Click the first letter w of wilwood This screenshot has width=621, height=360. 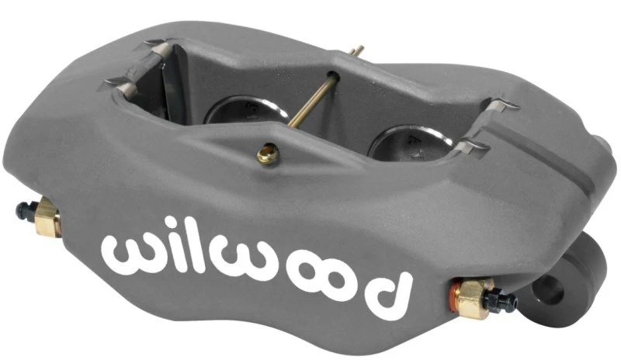click(126, 251)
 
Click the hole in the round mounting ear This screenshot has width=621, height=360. click(550, 292)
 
